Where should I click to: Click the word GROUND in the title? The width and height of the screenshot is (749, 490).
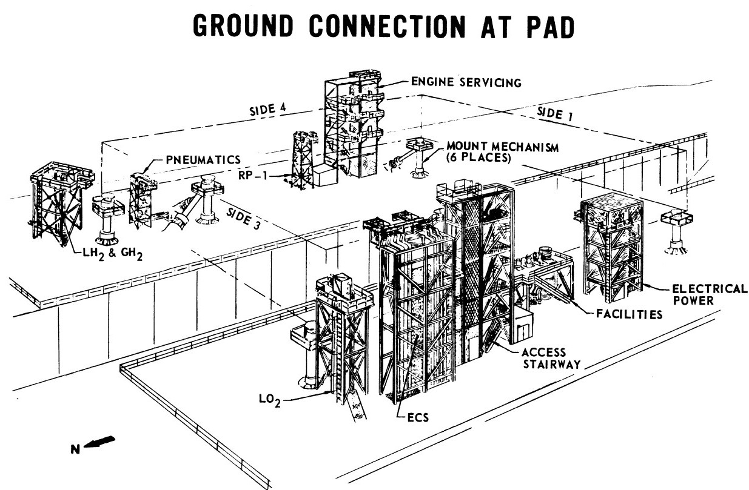pyautogui.click(x=243, y=25)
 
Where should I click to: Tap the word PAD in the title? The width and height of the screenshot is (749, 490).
pyautogui.click(x=545, y=26)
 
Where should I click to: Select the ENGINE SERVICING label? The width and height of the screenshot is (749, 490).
pyautogui.click(x=466, y=82)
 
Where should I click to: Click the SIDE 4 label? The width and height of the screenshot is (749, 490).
pyautogui.click(x=268, y=109)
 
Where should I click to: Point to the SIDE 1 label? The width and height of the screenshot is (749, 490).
pyautogui.click(x=555, y=114)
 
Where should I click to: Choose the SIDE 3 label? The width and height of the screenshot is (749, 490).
pyautogui.click(x=243, y=218)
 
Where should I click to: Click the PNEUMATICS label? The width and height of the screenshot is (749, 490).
pyautogui.click(x=203, y=160)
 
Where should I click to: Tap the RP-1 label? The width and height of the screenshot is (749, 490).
pyautogui.click(x=253, y=176)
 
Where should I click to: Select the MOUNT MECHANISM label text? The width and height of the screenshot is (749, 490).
pyautogui.click(x=503, y=147)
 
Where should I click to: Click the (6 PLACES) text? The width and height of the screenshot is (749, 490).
pyautogui.click(x=479, y=157)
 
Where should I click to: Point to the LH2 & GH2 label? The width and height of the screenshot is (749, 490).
pyautogui.click(x=113, y=254)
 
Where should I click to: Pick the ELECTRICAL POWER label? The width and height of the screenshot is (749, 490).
pyautogui.click(x=710, y=294)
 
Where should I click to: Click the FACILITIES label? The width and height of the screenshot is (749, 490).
pyautogui.click(x=630, y=314)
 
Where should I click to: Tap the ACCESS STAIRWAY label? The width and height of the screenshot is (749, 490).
pyautogui.click(x=551, y=358)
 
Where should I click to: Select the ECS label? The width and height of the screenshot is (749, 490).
pyautogui.click(x=418, y=417)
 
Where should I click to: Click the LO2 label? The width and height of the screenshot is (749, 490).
pyautogui.click(x=269, y=400)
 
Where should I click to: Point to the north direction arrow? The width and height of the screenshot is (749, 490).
pyautogui.click(x=99, y=442)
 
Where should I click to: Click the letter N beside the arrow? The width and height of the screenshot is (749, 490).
pyautogui.click(x=76, y=449)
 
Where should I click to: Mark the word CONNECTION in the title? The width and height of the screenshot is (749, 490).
pyautogui.click(x=387, y=26)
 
